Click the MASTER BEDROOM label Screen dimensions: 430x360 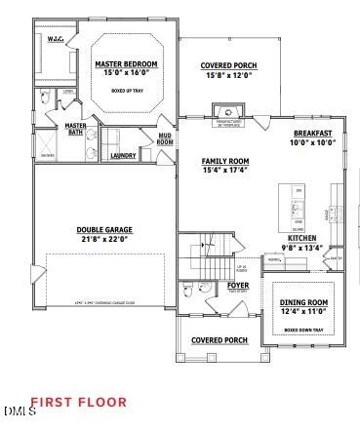(x=127, y=64)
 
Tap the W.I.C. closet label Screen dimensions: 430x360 (x=57, y=39)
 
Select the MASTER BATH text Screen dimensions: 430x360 (x=76, y=129)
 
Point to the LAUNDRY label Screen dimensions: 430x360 (x=123, y=155)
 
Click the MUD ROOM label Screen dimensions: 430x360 (x=165, y=139)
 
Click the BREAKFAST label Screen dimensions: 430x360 (x=312, y=134)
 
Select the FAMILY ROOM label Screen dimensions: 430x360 (x=225, y=161)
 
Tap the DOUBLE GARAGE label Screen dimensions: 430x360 (x=104, y=230)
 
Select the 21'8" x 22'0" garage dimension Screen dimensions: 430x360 (x=104, y=239)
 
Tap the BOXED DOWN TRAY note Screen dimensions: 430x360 (x=303, y=330)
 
